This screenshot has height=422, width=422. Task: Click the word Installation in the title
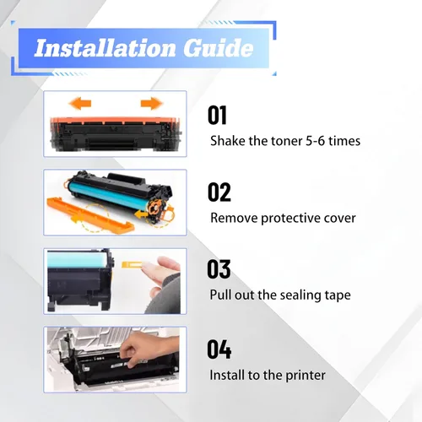105,48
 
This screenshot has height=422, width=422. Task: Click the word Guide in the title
219,48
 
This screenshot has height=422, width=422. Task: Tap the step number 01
217,115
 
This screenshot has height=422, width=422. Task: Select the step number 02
219,192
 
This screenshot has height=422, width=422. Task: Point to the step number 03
219,269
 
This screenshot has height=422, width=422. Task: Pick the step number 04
219,349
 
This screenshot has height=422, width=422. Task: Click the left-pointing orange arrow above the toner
80,104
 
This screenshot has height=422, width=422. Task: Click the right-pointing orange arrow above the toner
151,103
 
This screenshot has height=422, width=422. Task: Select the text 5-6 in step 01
315,141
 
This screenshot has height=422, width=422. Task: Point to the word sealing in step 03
300,295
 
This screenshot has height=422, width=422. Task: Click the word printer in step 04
306,376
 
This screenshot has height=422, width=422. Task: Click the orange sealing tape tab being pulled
132,264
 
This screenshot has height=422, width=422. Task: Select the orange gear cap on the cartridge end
154,208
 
